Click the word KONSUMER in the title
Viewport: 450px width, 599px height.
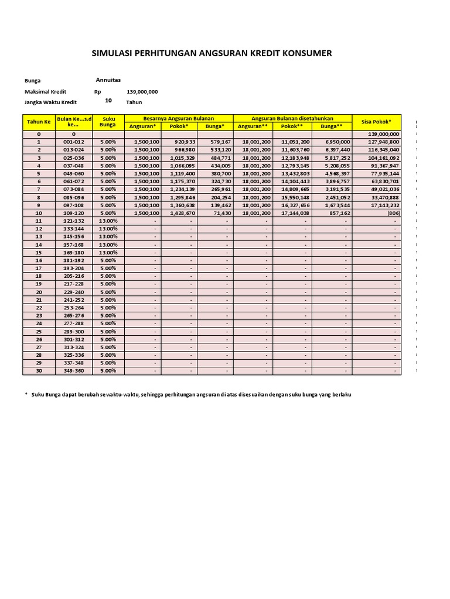[x=306, y=53]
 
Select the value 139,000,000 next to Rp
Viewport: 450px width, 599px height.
[x=142, y=92]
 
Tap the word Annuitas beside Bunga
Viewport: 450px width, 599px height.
[x=108, y=80]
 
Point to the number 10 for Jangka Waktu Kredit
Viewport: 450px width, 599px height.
[x=108, y=101]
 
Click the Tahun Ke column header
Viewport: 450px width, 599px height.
[x=39, y=122]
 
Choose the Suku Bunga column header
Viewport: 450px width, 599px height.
[x=108, y=122]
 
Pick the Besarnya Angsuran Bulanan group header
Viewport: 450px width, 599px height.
[x=179, y=118]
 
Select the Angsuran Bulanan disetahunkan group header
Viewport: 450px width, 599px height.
[x=292, y=118]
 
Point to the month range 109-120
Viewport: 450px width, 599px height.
[x=73, y=213]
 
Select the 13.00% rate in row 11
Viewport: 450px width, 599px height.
[x=108, y=221]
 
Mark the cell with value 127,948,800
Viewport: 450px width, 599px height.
[x=384, y=142]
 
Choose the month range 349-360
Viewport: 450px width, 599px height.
[x=73, y=371]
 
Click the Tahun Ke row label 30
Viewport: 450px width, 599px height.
[x=39, y=371]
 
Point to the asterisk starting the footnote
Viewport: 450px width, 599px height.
[x=26, y=394]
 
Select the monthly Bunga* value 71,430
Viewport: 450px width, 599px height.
[x=221, y=213]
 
